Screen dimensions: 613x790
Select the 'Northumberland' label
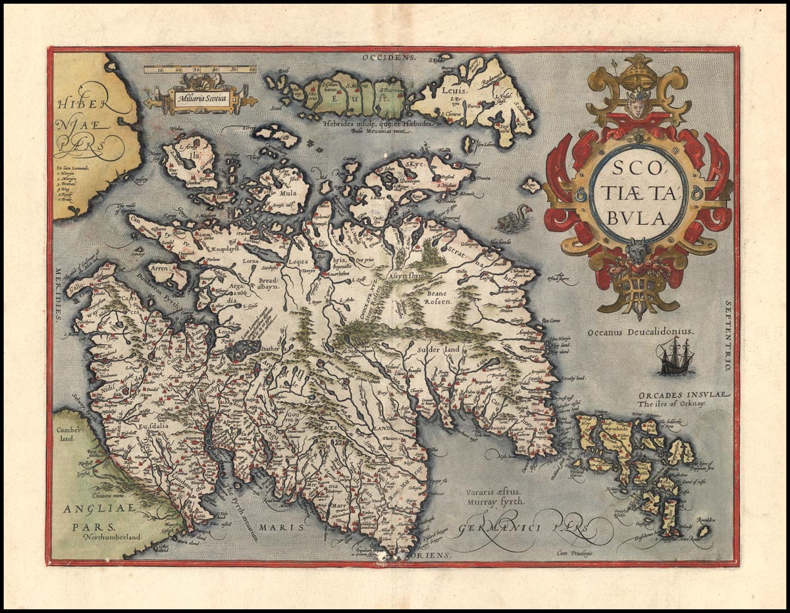113,537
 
